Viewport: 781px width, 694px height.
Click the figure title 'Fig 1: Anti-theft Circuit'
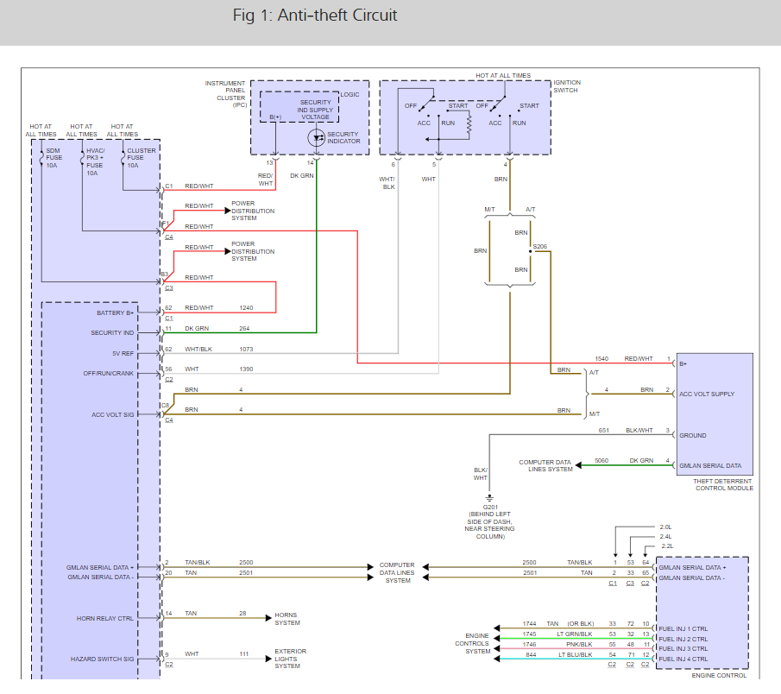point(315,16)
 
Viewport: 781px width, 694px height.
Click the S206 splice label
point(540,247)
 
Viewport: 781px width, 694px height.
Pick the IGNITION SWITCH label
point(567,86)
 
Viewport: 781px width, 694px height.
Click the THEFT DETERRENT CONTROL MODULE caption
point(724,484)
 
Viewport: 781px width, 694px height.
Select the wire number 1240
point(247,307)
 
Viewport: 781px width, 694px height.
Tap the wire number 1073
point(247,349)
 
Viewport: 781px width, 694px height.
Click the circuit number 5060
point(601,460)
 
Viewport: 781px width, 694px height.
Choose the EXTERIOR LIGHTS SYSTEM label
point(289,659)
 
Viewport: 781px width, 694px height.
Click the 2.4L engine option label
point(665,536)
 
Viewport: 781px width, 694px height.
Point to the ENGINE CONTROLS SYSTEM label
point(473,643)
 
